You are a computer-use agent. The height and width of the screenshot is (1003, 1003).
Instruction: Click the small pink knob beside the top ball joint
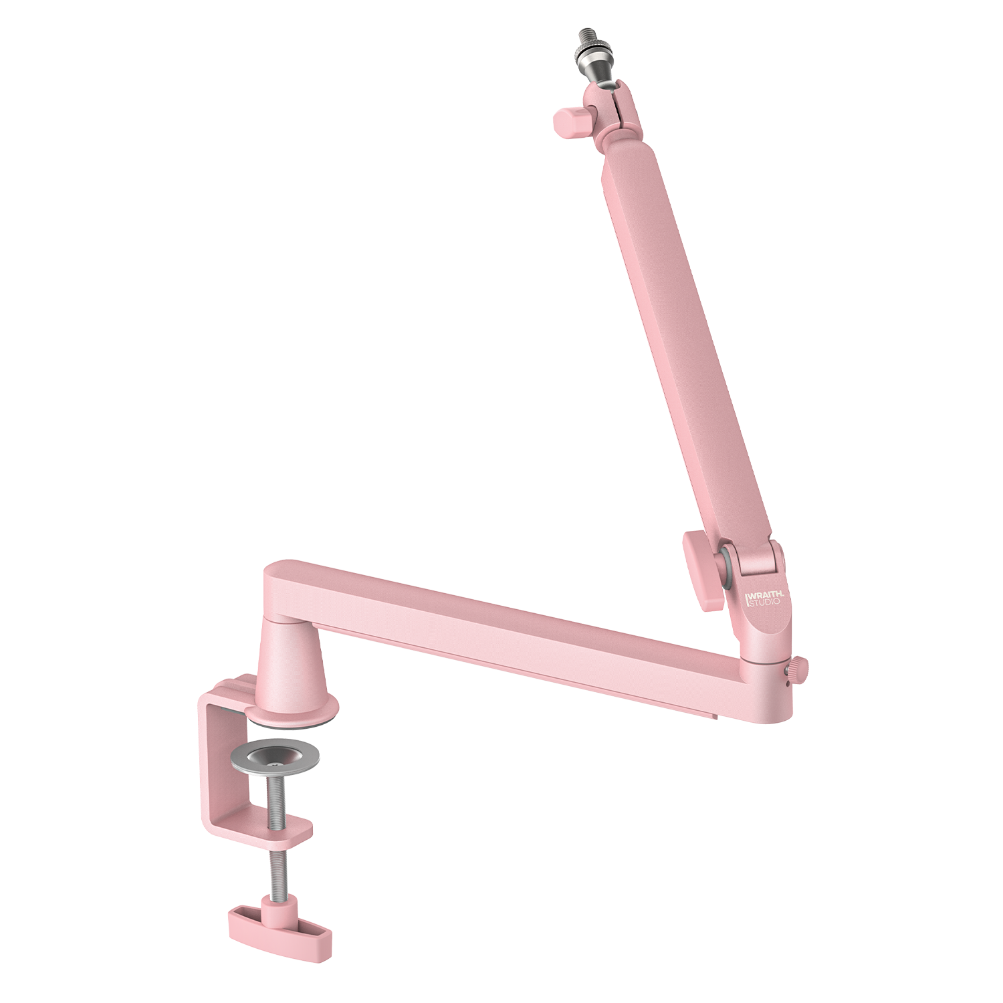tap(570, 122)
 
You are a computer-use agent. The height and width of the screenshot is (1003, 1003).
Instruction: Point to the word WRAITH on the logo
tap(766, 594)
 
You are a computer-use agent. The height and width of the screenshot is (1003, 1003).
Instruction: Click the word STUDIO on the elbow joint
tap(764, 602)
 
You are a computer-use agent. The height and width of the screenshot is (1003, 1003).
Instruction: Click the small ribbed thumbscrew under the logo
tap(798, 667)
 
